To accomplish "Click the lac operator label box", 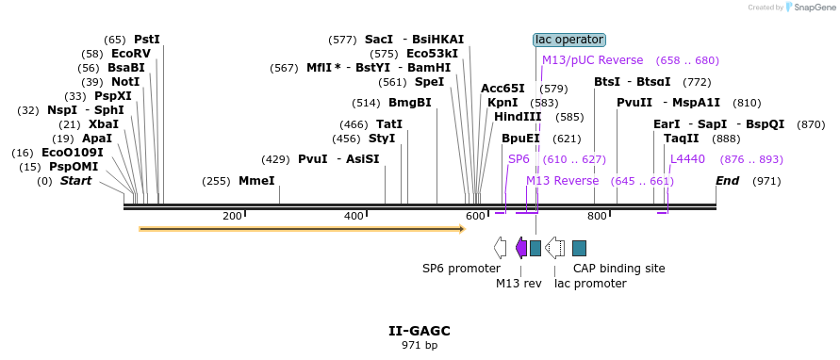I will click(x=568, y=40).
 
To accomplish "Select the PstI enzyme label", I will click(x=147, y=40).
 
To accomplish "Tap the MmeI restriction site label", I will click(x=256, y=180).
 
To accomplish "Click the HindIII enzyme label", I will click(x=518, y=117).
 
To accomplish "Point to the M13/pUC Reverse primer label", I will click(x=592, y=60).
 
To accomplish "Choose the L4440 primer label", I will click(x=687, y=159).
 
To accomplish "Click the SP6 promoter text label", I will click(x=461, y=269).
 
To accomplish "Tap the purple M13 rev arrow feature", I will click(x=521, y=248).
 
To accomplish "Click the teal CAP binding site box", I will click(x=579, y=248).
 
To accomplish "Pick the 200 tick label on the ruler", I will click(x=232, y=217).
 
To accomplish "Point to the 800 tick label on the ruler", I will click(x=597, y=217).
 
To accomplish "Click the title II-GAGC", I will click(x=420, y=331).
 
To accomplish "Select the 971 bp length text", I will click(x=420, y=346).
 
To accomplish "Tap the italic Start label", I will click(x=76, y=180).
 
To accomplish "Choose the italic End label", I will click(x=727, y=180).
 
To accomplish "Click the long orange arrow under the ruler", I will click(x=302, y=228).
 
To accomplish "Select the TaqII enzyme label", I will click(x=682, y=139).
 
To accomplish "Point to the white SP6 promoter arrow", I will click(x=501, y=248).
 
